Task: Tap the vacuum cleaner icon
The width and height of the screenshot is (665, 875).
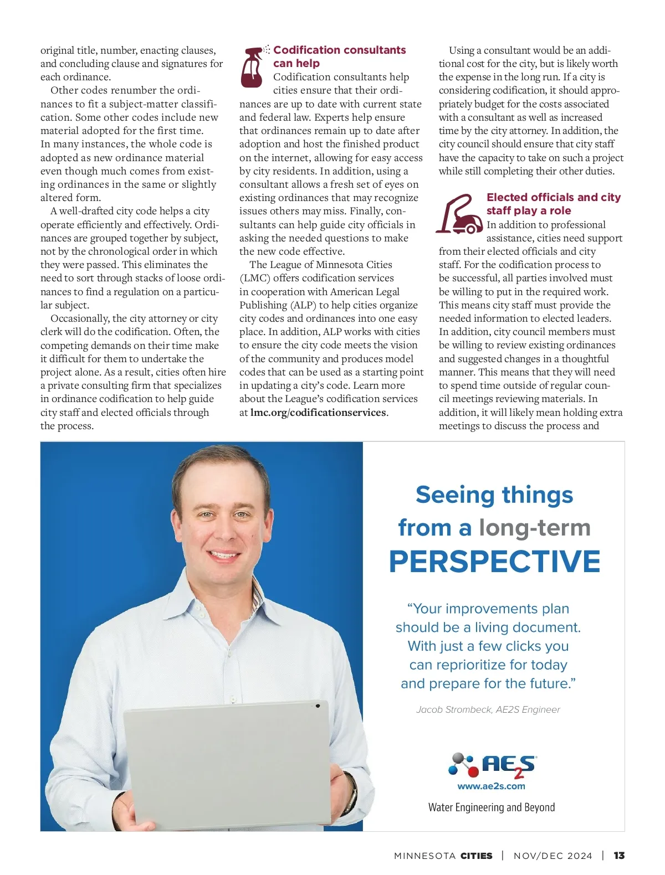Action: (x=459, y=214)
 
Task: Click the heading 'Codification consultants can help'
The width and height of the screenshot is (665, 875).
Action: (x=339, y=56)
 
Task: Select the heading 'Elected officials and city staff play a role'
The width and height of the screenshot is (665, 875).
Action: (x=553, y=204)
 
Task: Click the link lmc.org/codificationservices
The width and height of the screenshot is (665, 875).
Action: (x=318, y=413)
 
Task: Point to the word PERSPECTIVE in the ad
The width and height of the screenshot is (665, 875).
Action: (x=494, y=562)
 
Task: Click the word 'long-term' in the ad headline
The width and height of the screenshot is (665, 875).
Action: (x=535, y=528)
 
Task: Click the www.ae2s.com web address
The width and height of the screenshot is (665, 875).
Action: (x=491, y=786)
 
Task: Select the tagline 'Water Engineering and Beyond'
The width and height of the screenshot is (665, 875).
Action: (x=491, y=807)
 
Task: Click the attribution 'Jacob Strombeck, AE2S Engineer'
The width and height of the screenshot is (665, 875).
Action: (x=488, y=710)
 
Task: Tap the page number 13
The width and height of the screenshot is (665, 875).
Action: (x=619, y=856)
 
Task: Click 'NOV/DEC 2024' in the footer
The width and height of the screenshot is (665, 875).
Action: (x=553, y=856)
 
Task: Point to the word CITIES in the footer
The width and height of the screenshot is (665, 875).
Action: (x=476, y=856)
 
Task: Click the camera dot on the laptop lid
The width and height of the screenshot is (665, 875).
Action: (x=318, y=706)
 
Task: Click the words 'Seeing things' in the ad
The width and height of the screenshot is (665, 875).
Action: (x=494, y=495)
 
